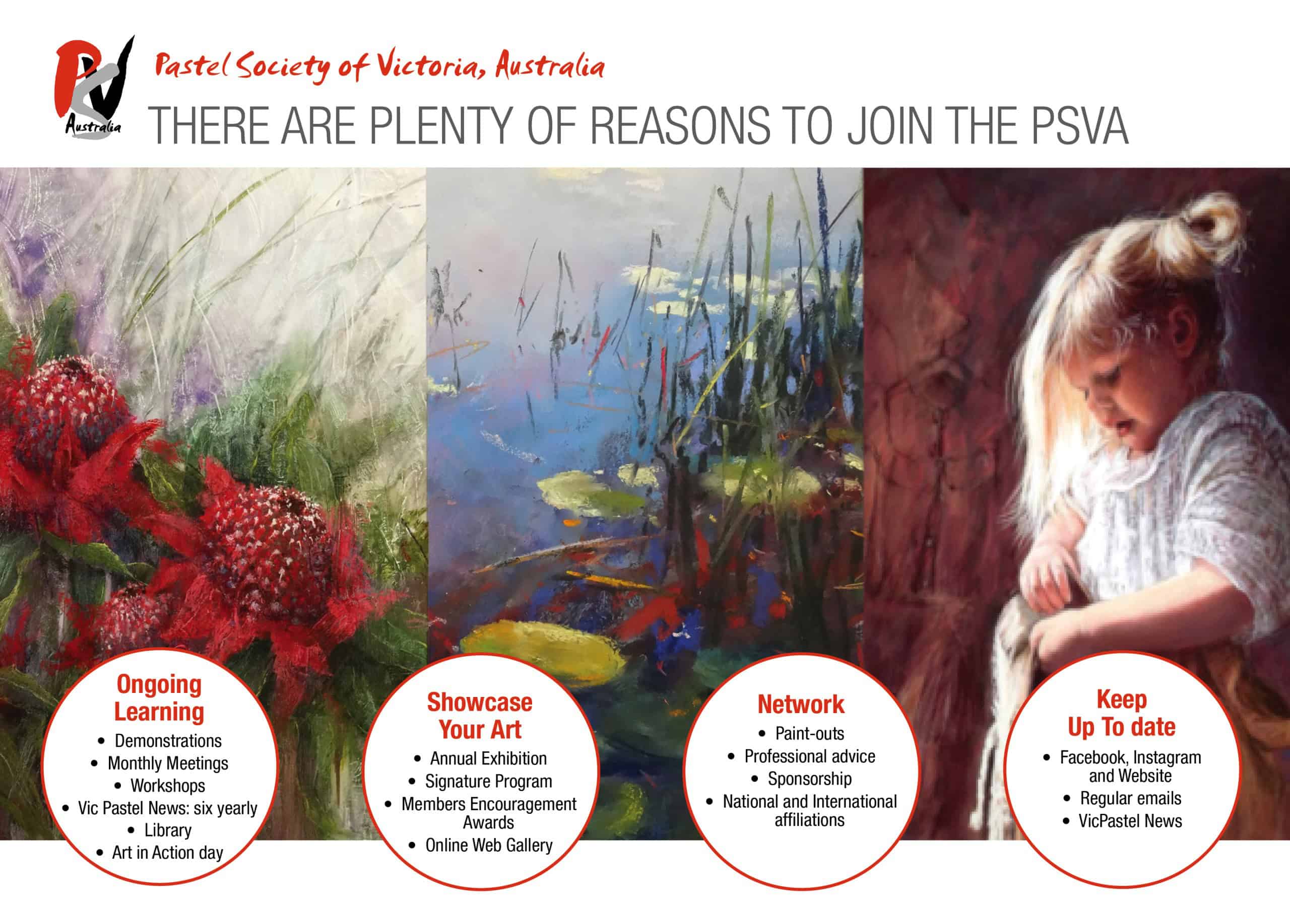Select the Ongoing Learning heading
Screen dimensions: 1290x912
tap(159, 697)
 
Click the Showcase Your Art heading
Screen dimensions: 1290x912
tap(480, 716)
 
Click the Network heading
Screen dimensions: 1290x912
tap(801, 704)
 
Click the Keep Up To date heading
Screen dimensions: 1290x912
tap(1122, 713)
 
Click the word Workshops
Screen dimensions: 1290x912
tap(167, 785)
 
